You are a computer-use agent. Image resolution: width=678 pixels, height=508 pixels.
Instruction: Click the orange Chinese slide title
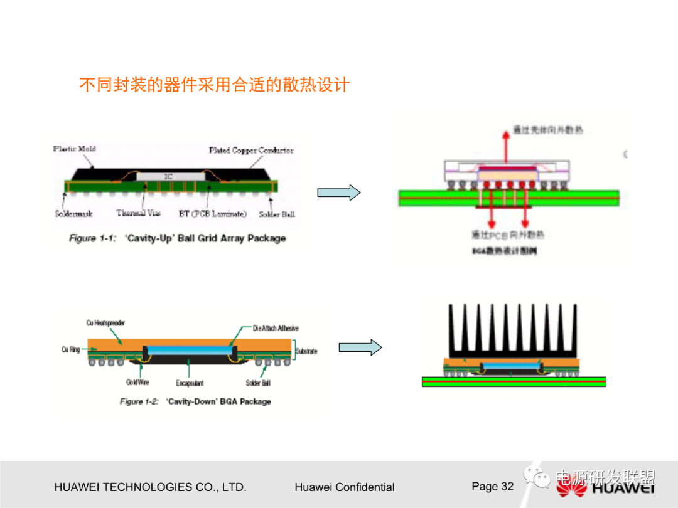[213, 85]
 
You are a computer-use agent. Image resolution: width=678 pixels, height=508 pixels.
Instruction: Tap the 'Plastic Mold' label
[75, 149]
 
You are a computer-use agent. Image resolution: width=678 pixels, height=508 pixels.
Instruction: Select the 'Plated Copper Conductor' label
[251, 151]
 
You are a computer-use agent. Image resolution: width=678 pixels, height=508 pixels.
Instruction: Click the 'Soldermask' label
[74, 214]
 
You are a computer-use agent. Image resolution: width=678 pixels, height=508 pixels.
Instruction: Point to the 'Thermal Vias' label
[138, 213]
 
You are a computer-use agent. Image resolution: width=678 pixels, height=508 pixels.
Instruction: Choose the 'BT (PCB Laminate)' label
[213, 214]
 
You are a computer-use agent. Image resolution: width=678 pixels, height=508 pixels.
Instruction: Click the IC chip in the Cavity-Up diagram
[168, 177]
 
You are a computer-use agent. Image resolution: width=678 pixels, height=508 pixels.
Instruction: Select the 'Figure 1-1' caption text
[177, 238]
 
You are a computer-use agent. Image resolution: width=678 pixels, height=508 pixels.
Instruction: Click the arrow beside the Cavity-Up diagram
[338, 193]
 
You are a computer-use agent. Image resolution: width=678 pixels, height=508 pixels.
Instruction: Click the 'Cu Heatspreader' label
[105, 323]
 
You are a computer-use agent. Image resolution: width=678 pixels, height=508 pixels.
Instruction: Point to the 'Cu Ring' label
[71, 349]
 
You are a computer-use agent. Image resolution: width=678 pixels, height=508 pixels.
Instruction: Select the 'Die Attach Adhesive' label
[276, 328]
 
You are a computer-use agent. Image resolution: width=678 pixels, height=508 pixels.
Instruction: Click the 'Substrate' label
[306, 351]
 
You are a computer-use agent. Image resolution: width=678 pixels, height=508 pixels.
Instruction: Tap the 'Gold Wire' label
[137, 382]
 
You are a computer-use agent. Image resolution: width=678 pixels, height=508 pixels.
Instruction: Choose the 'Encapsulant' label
[190, 383]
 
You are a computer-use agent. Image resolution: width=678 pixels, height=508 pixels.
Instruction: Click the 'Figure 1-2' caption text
[195, 401]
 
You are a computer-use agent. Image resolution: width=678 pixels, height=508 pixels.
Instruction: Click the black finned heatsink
[513, 329]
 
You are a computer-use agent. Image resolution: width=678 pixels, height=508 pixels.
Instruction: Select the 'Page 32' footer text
[492, 487]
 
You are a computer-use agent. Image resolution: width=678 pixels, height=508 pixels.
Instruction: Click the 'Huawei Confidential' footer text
[344, 487]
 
